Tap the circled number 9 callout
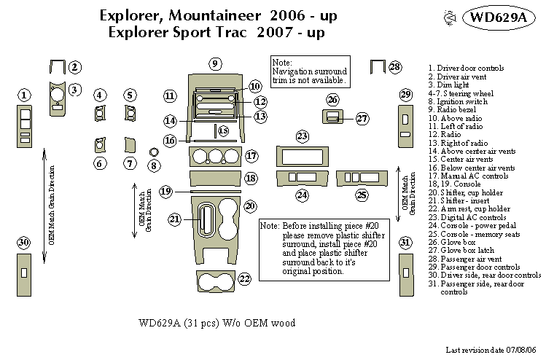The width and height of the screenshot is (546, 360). coord(215,64)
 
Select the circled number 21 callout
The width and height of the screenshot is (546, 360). coord(175,219)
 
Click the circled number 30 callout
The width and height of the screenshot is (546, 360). coord(24,243)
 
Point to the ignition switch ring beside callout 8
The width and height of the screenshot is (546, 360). coord(154,151)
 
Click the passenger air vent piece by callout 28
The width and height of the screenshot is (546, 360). coord(377,69)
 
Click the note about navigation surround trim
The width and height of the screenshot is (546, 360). coord(306,71)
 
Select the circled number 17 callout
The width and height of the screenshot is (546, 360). coord(251,156)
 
